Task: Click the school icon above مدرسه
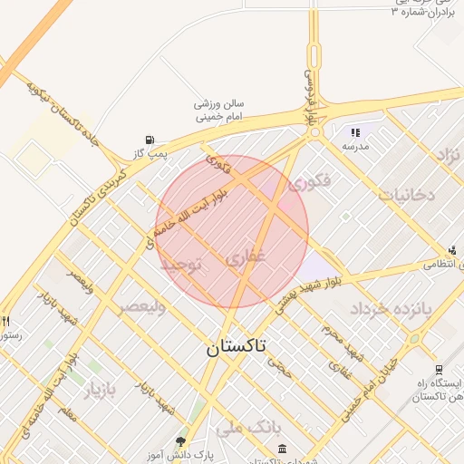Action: click(354, 131)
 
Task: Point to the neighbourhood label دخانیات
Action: click(408, 194)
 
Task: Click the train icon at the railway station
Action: click(439, 370)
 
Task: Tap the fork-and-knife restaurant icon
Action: click(6, 321)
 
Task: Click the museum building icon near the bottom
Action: click(283, 449)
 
